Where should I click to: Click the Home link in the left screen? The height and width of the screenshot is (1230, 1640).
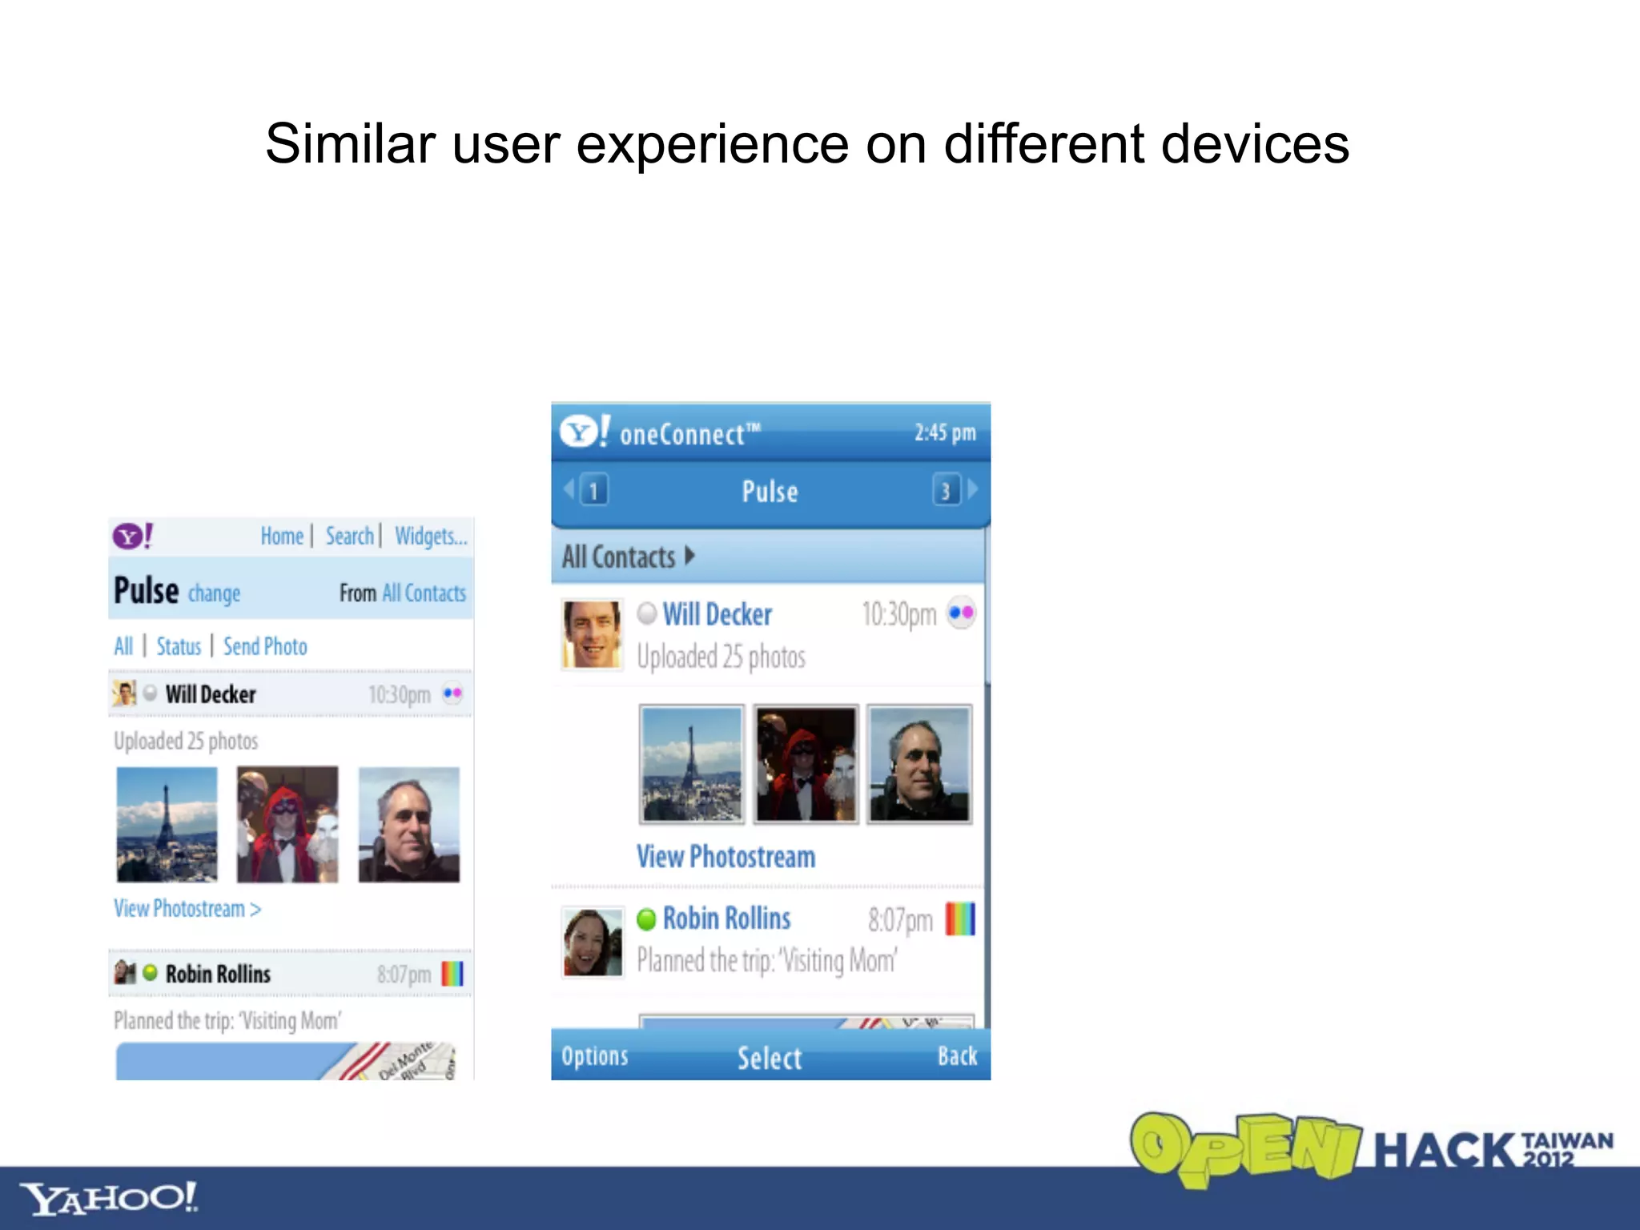(282, 536)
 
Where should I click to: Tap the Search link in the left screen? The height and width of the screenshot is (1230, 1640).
(349, 536)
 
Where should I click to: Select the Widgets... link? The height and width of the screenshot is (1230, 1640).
(430, 536)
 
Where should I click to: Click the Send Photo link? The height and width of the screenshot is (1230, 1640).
(265, 646)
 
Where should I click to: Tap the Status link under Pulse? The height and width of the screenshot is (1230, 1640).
(179, 646)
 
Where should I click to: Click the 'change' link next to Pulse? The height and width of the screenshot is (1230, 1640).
(214, 593)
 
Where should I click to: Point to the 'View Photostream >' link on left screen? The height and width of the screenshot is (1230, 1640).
(187, 909)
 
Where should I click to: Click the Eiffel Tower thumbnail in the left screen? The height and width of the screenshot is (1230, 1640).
(167, 825)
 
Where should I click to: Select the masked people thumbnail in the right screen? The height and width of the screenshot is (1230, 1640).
(806, 764)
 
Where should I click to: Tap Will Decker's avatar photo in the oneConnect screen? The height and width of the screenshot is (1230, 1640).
(592, 634)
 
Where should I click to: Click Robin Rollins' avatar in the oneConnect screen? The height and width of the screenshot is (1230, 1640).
(592, 942)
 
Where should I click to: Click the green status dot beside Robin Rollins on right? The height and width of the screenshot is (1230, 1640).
(646, 919)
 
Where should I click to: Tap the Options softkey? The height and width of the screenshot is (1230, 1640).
(595, 1056)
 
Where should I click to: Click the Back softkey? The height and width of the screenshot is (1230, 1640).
(957, 1056)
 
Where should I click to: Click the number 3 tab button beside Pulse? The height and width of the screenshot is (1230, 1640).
(946, 490)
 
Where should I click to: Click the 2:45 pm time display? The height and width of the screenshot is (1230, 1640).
(945, 432)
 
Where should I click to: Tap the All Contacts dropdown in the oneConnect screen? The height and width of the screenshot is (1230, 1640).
(628, 557)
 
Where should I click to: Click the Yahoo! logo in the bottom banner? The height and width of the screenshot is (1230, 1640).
(108, 1198)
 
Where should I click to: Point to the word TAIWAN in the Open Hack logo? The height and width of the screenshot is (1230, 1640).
(1566, 1140)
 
